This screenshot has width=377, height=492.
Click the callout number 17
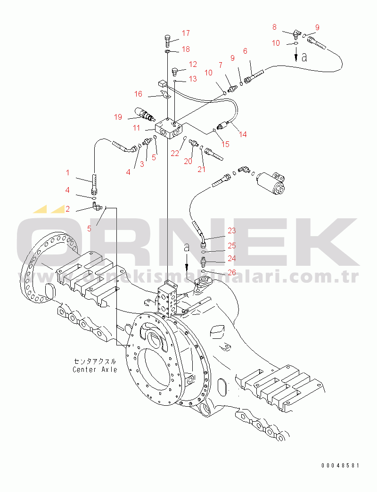pos(185,33)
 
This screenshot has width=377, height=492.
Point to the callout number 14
pos(242,134)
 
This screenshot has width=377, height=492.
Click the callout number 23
pos(231,230)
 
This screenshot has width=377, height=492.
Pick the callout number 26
pos(231,272)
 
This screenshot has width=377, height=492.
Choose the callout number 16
pos(138,94)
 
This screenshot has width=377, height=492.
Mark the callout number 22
pos(175,153)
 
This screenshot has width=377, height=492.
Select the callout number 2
pos(67,209)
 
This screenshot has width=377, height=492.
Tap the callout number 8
pos(274,27)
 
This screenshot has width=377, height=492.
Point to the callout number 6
pos(245,51)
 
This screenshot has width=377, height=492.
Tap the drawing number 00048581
pos(340,465)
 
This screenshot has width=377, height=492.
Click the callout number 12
pos(193,64)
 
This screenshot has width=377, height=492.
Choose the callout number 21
pos(201,169)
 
